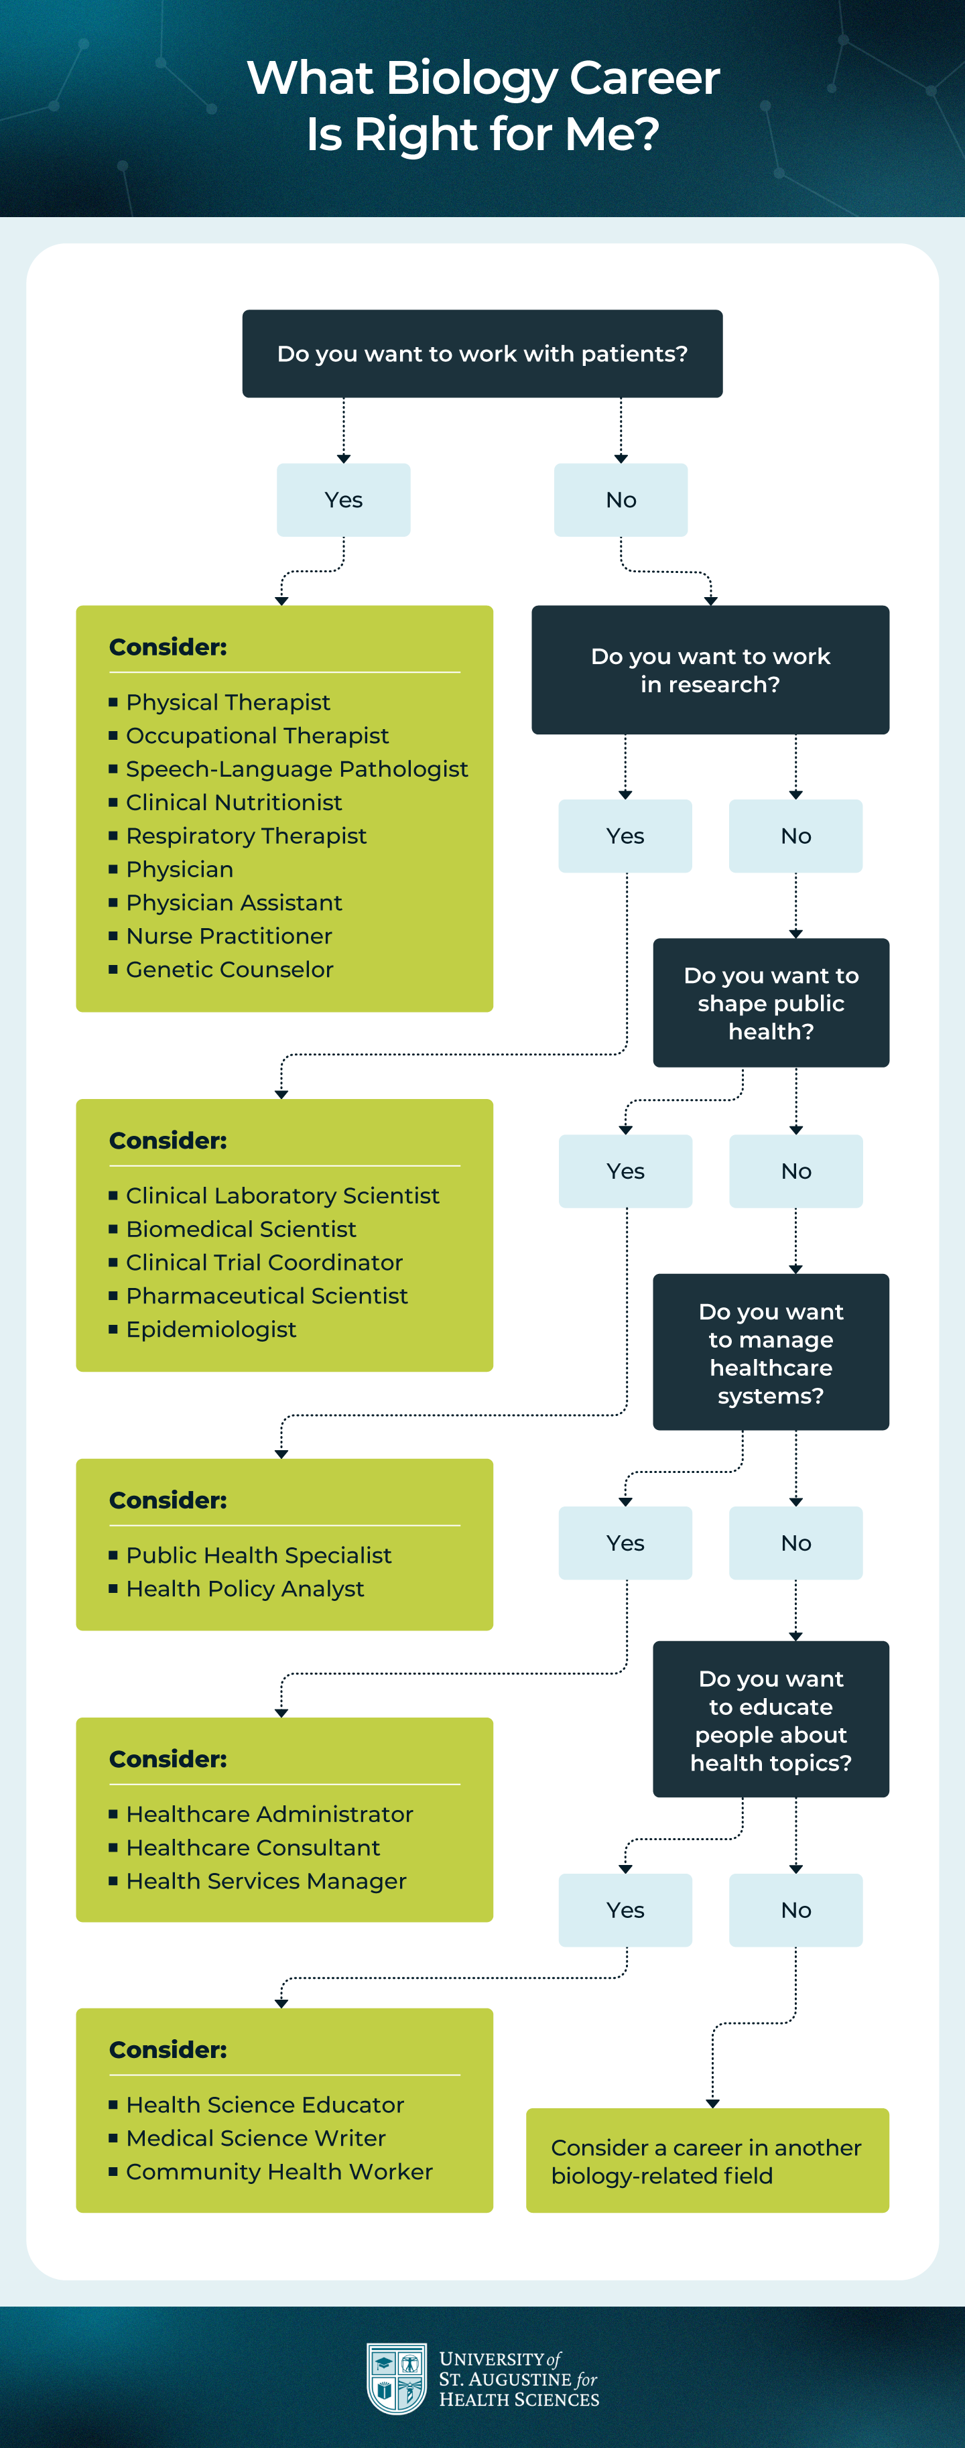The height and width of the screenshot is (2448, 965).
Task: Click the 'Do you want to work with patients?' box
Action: click(x=482, y=354)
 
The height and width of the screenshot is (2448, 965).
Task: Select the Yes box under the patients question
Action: click(x=343, y=500)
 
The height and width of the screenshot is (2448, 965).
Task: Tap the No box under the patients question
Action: click(x=621, y=500)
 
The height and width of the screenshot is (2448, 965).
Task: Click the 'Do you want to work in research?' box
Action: click(x=710, y=670)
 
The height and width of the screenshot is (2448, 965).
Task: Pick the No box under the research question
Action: click(x=795, y=836)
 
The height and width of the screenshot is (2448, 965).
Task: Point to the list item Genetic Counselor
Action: click(x=229, y=969)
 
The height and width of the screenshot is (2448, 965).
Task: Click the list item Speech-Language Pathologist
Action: click(x=297, y=769)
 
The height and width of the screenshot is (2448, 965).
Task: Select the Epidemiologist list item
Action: click(x=211, y=1330)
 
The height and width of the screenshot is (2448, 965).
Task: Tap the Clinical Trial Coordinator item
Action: click(x=264, y=1262)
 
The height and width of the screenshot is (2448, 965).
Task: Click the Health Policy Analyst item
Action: click(x=245, y=1589)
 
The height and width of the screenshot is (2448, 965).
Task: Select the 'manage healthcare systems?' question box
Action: click(x=771, y=1352)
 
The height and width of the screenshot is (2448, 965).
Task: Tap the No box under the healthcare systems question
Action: click(x=795, y=1543)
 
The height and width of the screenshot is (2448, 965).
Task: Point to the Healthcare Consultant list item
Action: click(x=253, y=1848)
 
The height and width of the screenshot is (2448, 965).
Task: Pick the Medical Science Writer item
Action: click(x=256, y=2138)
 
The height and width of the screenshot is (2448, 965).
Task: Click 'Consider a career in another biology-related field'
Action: click(x=708, y=2161)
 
